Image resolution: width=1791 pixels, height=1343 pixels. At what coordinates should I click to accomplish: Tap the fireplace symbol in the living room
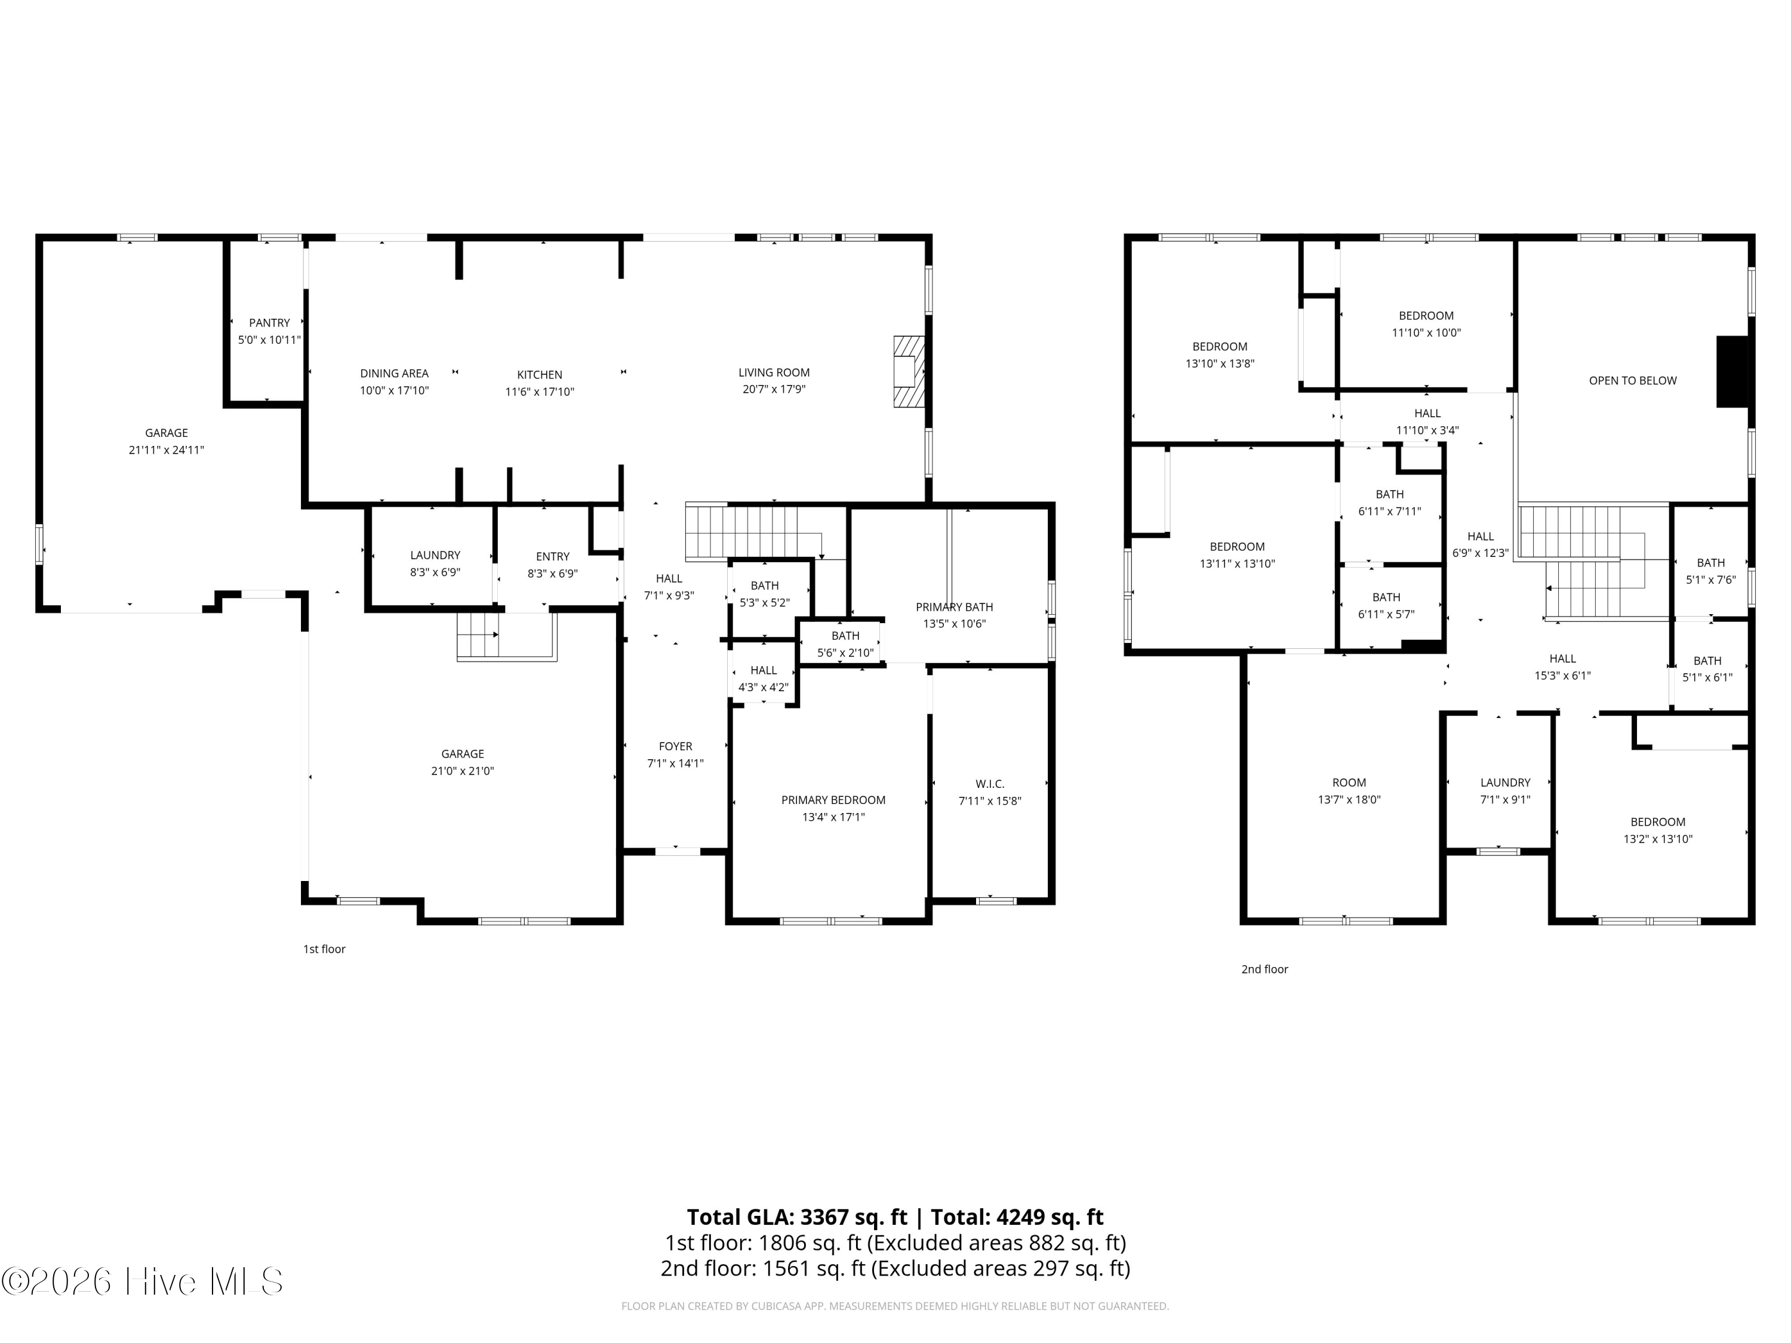click(x=909, y=372)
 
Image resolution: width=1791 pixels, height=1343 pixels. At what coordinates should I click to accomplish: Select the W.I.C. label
click(x=989, y=784)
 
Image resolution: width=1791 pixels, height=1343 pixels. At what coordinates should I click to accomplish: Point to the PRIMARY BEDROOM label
click(x=833, y=800)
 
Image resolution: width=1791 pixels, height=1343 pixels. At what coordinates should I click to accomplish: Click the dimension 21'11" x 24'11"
click(x=166, y=450)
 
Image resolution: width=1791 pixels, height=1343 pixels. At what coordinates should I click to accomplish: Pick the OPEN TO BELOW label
click(x=1632, y=380)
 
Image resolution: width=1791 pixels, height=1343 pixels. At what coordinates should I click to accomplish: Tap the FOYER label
click(x=675, y=746)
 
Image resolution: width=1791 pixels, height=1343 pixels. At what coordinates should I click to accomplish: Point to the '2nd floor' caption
click(x=1264, y=969)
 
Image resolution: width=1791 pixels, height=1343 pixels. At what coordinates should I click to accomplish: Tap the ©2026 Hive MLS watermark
click(x=143, y=1282)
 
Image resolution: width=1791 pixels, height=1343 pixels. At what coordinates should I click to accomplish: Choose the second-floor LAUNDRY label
click(x=1505, y=783)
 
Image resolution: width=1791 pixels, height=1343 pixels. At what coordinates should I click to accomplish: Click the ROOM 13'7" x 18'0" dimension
click(x=1349, y=800)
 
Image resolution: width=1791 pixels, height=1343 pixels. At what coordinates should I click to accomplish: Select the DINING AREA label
click(x=394, y=373)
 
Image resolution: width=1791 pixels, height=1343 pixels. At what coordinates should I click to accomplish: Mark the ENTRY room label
click(x=552, y=556)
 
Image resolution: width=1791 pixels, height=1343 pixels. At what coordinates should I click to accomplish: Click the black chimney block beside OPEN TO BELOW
click(x=1734, y=372)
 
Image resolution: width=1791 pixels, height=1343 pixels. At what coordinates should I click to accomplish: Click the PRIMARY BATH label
click(x=954, y=607)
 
